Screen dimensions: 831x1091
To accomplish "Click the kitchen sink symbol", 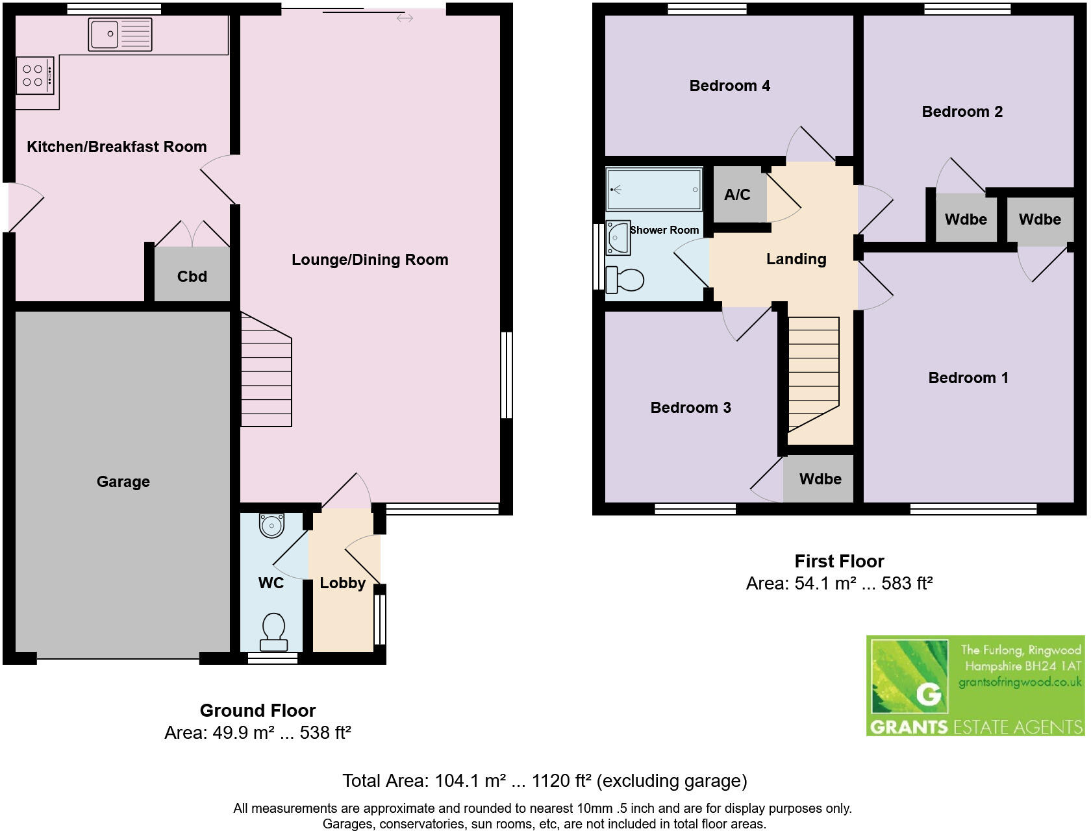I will [x=120, y=34].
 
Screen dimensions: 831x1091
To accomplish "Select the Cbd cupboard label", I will [x=192, y=277].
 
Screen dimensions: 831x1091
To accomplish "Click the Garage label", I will [x=123, y=482].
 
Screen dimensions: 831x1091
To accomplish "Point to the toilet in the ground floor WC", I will [x=273, y=632].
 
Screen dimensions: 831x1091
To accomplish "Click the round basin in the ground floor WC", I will [x=271, y=525].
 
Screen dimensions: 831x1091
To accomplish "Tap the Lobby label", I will [x=342, y=583].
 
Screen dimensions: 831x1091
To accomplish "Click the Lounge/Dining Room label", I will [x=370, y=260].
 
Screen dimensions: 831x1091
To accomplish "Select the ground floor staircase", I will [x=266, y=370].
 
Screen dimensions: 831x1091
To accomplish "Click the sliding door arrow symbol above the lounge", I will [x=405, y=18].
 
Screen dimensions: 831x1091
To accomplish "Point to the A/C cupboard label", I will [x=737, y=195].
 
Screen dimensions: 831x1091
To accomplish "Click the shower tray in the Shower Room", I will [x=654, y=190].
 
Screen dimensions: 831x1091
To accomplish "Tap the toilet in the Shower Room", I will [x=624, y=280].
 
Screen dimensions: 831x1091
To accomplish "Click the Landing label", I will [x=796, y=259].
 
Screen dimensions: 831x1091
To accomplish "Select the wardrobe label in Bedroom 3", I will [x=820, y=479].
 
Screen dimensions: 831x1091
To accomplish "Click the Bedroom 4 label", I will [x=729, y=86].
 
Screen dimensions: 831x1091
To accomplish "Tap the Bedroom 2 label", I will [x=962, y=112].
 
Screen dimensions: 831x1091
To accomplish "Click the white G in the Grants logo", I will [x=929, y=695].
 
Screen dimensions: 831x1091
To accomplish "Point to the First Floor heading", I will [x=839, y=561].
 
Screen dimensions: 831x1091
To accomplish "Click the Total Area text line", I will [x=544, y=780].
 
